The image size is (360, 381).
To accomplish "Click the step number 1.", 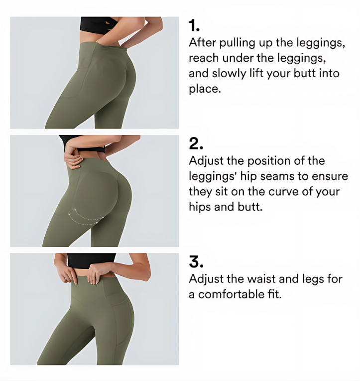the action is [194, 26].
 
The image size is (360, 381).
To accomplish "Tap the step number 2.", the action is [196, 143].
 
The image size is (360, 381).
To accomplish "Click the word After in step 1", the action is [202, 42].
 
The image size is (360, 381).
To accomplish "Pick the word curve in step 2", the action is [283, 192].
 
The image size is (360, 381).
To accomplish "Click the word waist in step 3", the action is [261, 279].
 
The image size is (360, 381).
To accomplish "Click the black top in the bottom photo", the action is [91, 261].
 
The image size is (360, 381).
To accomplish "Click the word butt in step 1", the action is [304, 73].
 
